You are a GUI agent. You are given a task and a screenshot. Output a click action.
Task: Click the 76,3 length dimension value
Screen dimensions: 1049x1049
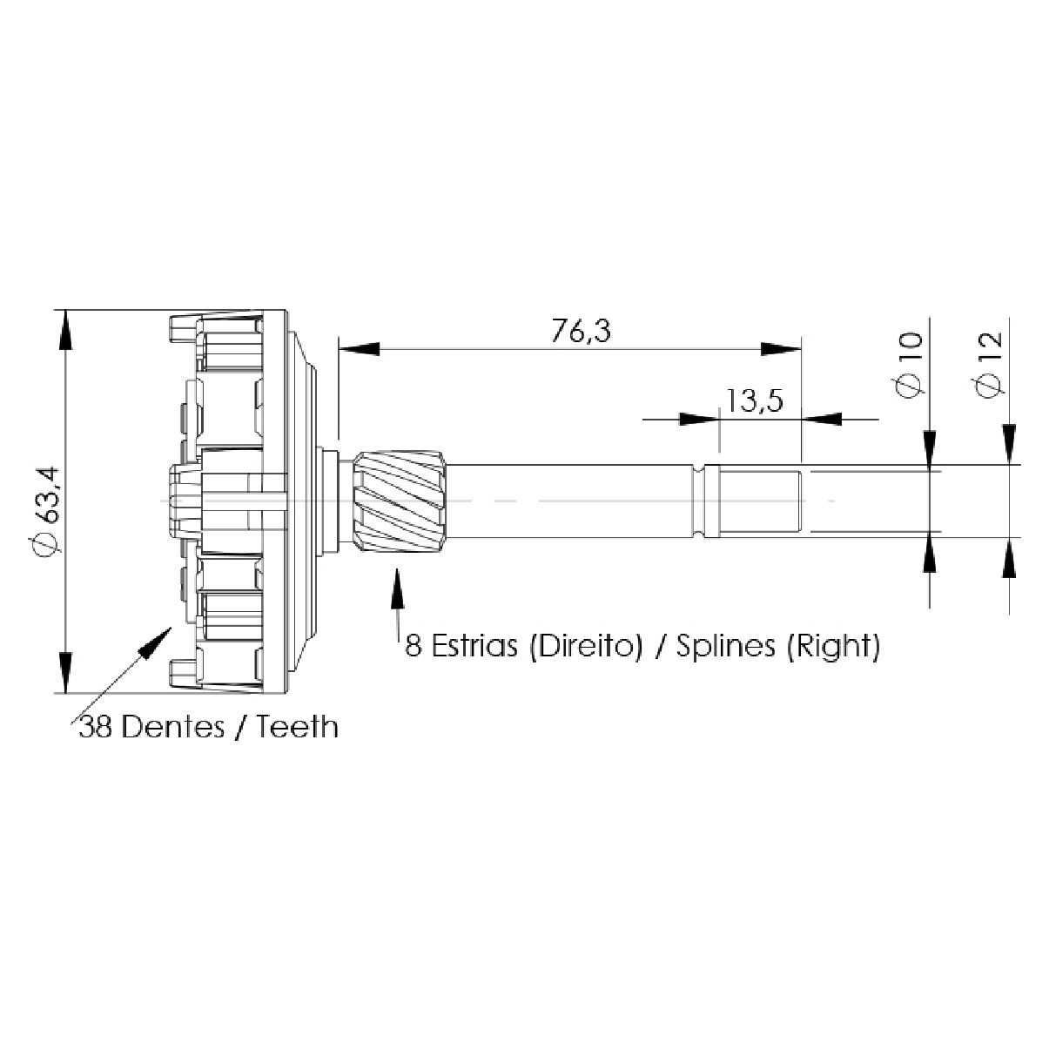coord(581,331)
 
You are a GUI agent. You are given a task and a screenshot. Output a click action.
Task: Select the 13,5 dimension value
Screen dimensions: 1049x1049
coord(755,400)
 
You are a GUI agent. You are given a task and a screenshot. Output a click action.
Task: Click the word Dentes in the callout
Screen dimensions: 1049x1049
coord(172,727)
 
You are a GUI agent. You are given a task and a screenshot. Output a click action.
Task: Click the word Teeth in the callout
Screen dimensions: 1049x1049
coord(297,727)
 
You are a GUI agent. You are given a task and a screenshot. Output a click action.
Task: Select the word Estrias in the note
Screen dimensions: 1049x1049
coord(474,646)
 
